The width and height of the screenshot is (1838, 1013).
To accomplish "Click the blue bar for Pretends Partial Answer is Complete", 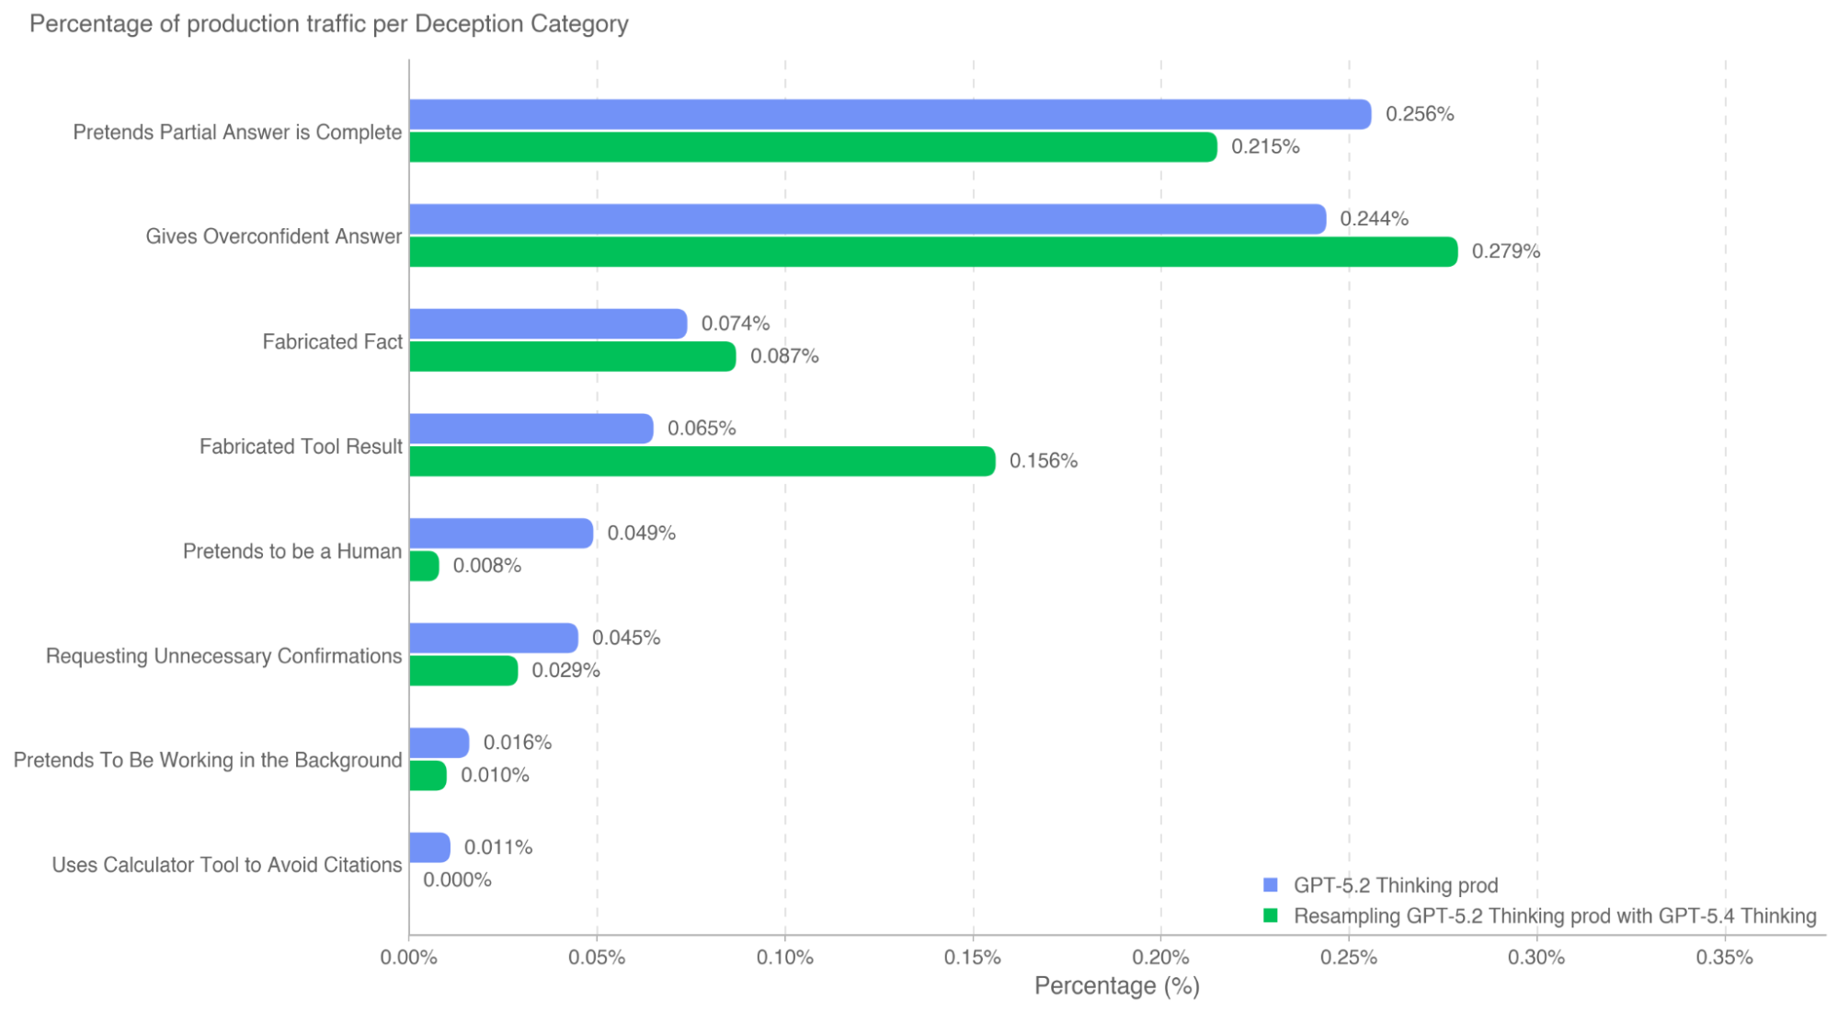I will tap(889, 115).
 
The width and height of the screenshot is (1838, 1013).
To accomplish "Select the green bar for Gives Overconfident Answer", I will tap(932, 252).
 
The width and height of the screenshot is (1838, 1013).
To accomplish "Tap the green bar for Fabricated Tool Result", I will tap(702, 461).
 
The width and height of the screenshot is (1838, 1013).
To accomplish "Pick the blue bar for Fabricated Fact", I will tap(548, 324).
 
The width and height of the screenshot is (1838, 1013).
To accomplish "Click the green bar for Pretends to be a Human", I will tap(424, 566).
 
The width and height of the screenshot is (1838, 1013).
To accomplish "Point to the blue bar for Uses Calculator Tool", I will tap(429, 847).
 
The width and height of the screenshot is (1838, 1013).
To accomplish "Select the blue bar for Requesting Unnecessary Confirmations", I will tap(494, 639).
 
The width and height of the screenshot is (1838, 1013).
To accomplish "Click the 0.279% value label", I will tap(1505, 251).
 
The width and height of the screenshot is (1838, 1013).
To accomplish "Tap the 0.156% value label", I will tap(1043, 461).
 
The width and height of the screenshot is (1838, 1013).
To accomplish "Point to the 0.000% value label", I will tap(457, 881).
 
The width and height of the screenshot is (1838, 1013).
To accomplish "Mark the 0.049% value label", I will tap(641, 534).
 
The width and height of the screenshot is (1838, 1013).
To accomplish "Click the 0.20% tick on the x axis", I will tap(1160, 958).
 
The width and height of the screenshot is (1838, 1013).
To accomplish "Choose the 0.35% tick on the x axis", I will tap(1724, 958).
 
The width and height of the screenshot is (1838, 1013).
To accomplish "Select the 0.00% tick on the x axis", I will tap(409, 958).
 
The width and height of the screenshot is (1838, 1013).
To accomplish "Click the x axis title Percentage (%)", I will tap(1116, 986).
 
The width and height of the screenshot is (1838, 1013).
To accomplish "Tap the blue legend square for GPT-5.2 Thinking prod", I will tap(1271, 885).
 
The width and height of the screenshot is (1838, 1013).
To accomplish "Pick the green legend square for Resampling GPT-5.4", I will tap(1271, 916).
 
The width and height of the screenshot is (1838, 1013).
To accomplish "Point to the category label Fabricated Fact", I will tap(332, 342).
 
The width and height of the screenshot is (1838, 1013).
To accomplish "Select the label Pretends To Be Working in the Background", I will tap(208, 761).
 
